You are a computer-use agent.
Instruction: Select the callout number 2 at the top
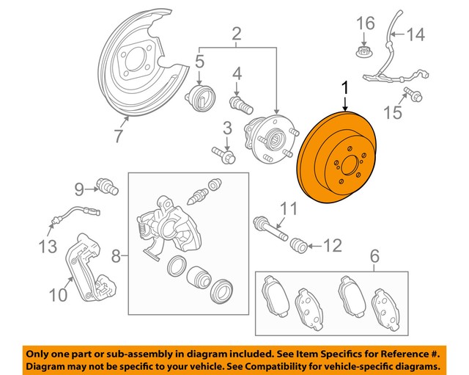236,32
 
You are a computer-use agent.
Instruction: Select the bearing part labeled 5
201,95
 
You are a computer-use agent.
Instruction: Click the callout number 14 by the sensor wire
415,33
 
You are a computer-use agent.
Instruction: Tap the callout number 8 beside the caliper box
116,257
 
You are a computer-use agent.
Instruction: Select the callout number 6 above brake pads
374,256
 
